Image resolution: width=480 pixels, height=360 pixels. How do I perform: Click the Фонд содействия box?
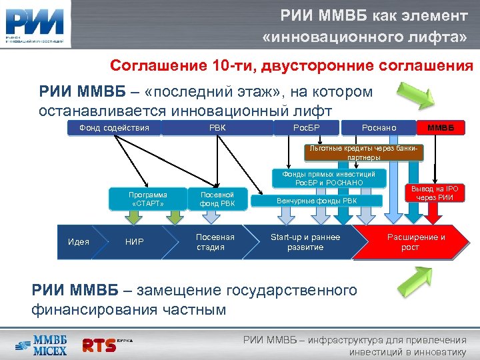[x=114, y=127]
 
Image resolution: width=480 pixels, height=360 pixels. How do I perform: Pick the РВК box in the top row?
[x=217, y=127]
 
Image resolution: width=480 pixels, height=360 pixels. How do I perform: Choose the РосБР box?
[x=307, y=127]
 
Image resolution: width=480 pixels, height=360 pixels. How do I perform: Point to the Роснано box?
[x=378, y=127]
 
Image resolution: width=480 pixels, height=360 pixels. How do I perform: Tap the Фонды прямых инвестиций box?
[x=329, y=177]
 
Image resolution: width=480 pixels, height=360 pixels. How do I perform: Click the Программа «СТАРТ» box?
[x=148, y=199]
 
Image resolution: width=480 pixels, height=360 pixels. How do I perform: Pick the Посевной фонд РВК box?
[x=217, y=199]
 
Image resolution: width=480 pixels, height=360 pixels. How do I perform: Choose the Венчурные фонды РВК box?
[x=317, y=200]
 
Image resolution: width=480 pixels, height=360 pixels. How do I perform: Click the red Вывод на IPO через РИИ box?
[x=435, y=193]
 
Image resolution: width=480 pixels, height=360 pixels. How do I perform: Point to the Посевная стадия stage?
[x=215, y=242]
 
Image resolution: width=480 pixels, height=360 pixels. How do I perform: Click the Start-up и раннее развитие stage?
[x=305, y=242]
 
